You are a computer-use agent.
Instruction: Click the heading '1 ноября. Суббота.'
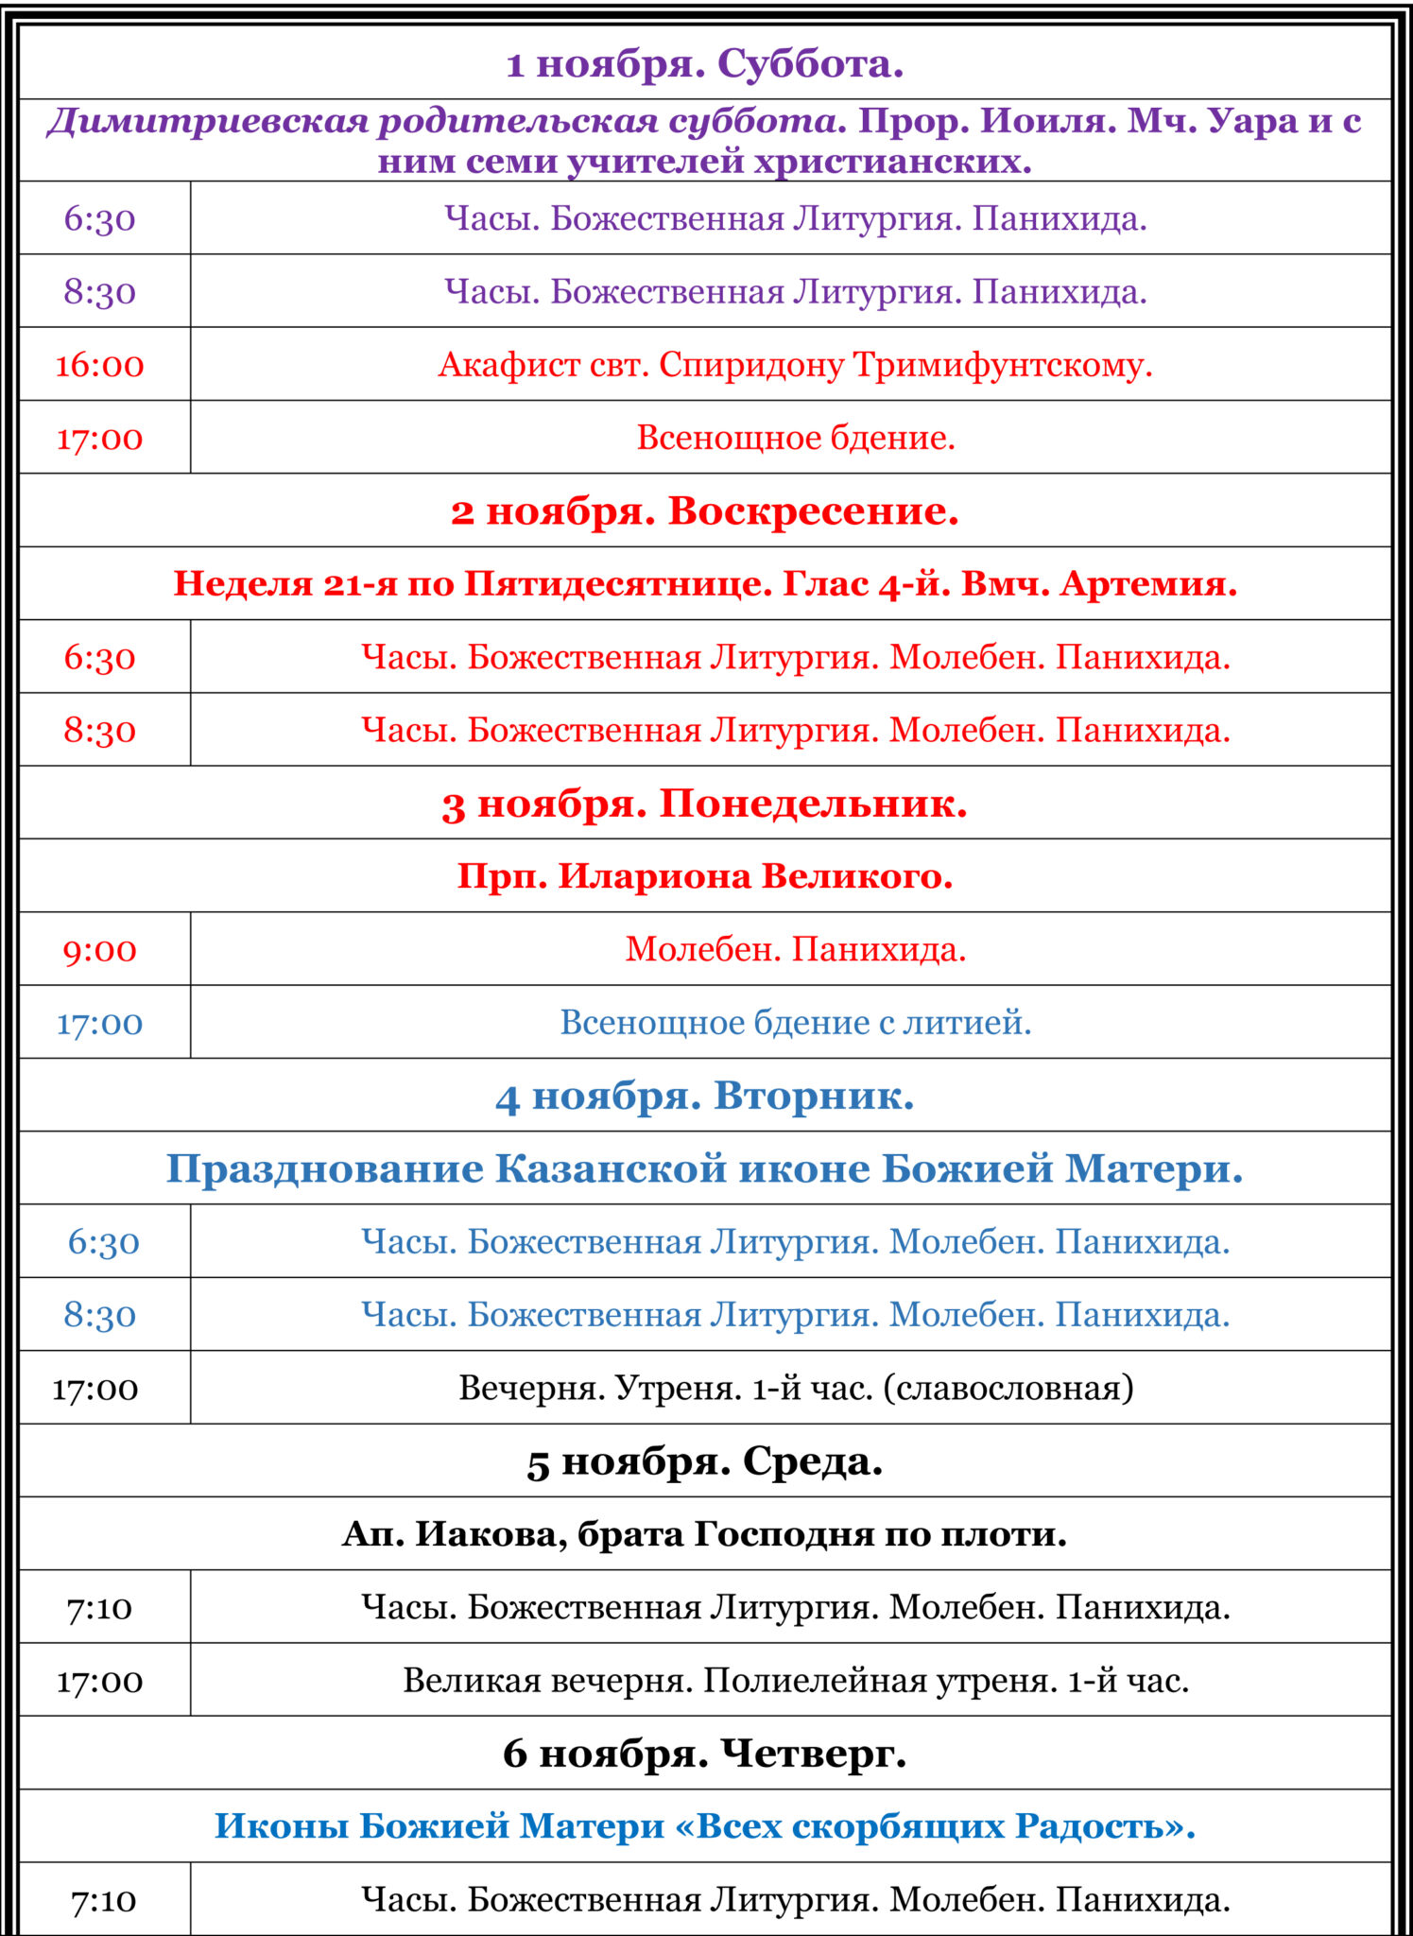705,64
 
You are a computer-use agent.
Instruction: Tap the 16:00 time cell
100,365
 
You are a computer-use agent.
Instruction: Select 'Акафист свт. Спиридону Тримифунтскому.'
795,365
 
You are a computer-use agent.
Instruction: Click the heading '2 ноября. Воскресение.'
705,511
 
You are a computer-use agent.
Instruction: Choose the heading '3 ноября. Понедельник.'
705,804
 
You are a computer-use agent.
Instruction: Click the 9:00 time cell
100,950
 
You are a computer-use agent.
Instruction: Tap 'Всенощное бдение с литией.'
795,1023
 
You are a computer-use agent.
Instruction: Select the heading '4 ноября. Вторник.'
705,1097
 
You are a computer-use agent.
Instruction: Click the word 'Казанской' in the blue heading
611,1169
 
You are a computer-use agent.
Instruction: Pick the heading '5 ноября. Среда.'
705,1461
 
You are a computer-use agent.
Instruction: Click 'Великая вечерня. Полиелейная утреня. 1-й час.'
795,1681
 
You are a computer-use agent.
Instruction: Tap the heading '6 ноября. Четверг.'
705,1754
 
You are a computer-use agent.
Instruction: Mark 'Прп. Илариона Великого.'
705,876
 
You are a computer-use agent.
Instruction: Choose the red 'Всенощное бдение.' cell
795,438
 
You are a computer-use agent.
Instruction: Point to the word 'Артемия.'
1148,584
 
